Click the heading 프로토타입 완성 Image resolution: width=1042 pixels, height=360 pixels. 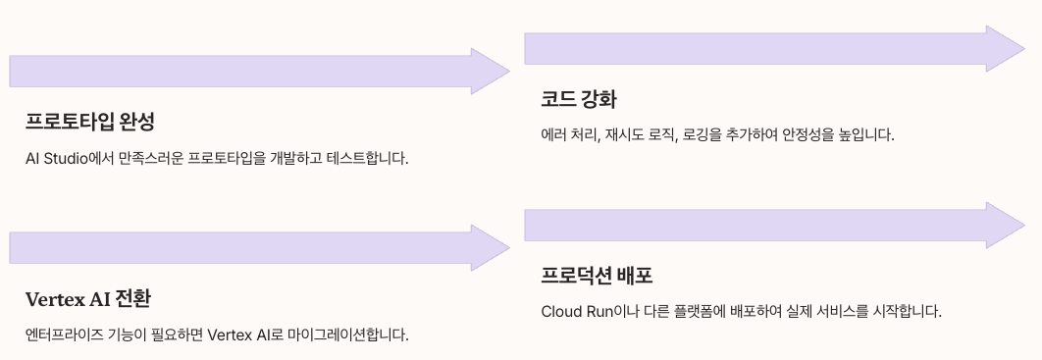pyautogui.click(x=90, y=122)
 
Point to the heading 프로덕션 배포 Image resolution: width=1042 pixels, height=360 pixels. pyautogui.click(x=597, y=275)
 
